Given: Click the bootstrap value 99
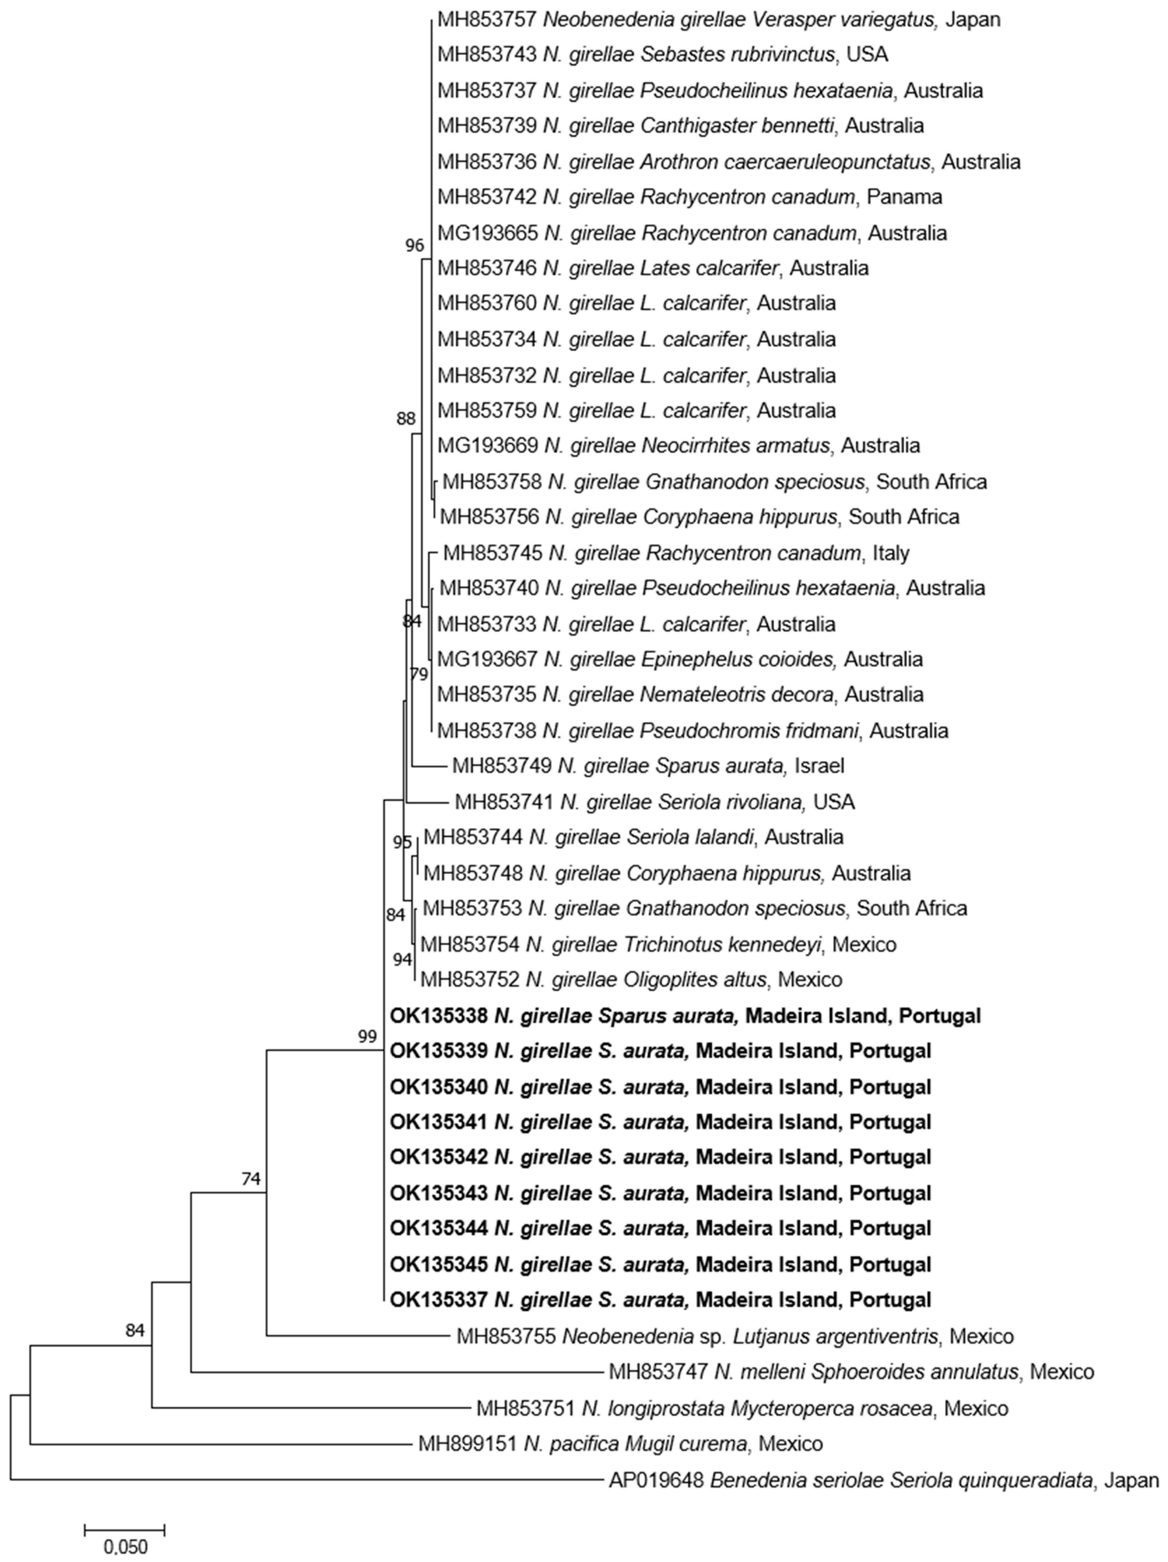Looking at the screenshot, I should tap(367, 1036).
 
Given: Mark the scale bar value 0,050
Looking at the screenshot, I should tap(126, 1547).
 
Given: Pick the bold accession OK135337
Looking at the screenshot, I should tap(438, 1300).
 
